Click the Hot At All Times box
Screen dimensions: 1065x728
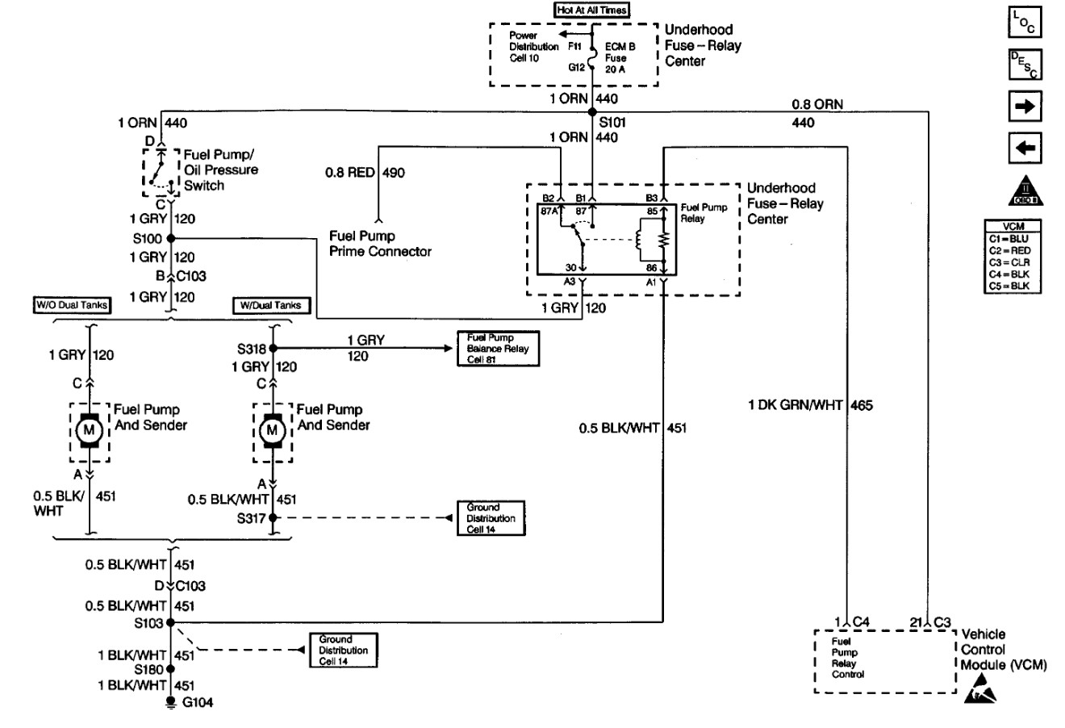click(592, 10)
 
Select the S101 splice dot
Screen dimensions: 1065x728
click(592, 111)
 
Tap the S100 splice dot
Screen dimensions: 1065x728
click(171, 238)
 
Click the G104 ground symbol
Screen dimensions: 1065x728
click(171, 702)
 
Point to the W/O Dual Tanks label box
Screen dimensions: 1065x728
click(73, 305)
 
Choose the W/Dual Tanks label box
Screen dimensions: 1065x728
click(271, 305)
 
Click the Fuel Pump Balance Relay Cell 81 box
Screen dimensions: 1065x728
click(498, 349)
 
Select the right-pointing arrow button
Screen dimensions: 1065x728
click(1025, 106)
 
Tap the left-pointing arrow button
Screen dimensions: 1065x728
click(1025, 148)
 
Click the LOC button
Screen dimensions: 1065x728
click(1025, 22)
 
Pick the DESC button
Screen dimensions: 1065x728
click(1025, 65)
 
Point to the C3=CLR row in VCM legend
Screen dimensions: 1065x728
click(1009, 262)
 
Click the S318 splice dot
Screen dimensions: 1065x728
click(273, 349)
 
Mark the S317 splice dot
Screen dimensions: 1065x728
click(273, 517)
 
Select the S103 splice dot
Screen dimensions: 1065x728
click(171, 622)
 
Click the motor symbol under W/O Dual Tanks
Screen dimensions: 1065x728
click(90, 431)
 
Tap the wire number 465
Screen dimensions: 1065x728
click(862, 406)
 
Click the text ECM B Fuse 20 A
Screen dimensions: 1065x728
click(620, 58)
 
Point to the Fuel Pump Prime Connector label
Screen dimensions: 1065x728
click(380, 244)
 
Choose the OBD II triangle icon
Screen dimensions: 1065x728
click(1025, 190)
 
